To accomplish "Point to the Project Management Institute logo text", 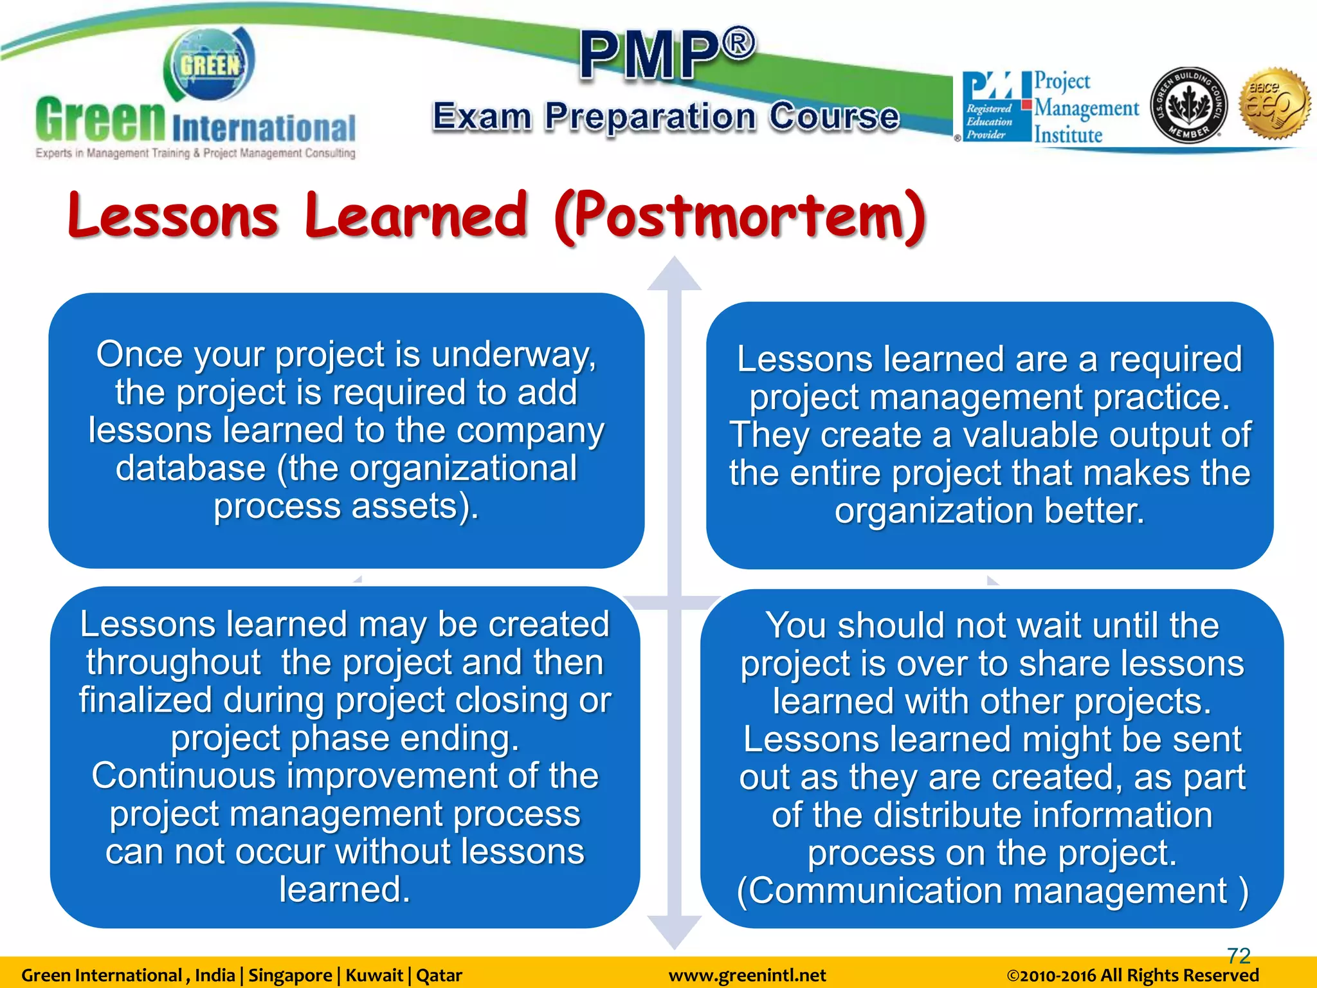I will [x=1085, y=108].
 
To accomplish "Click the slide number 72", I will [x=1238, y=955].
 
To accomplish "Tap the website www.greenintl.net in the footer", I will [x=747, y=975].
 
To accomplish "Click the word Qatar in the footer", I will [x=439, y=975].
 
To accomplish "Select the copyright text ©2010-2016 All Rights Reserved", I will [x=1132, y=975].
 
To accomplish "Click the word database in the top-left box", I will [x=190, y=468].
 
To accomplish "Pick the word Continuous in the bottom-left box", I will [x=183, y=776].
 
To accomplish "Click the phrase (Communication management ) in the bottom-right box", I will [x=992, y=892].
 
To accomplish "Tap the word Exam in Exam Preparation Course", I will [x=482, y=117].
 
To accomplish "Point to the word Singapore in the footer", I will [x=290, y=975].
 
